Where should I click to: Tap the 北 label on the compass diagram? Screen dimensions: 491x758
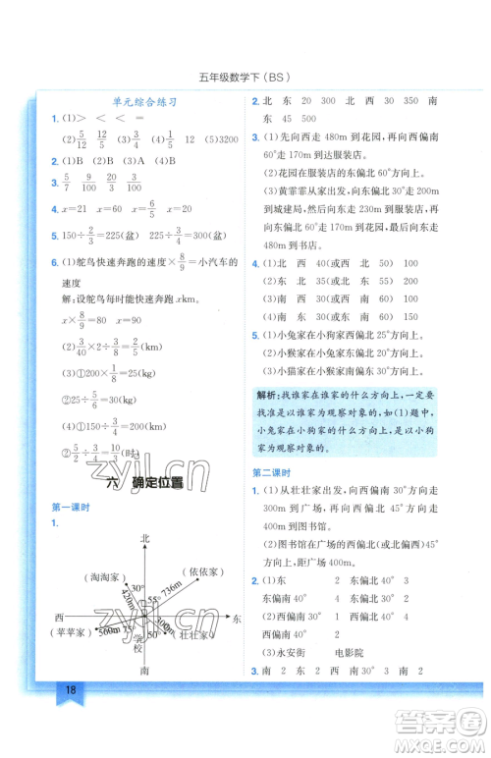[x=145, y=538]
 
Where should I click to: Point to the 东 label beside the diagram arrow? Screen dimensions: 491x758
[x=238, y=621]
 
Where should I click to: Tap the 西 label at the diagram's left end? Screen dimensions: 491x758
[x=59, y=617]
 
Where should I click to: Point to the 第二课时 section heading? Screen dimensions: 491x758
[x=269, y=473]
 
